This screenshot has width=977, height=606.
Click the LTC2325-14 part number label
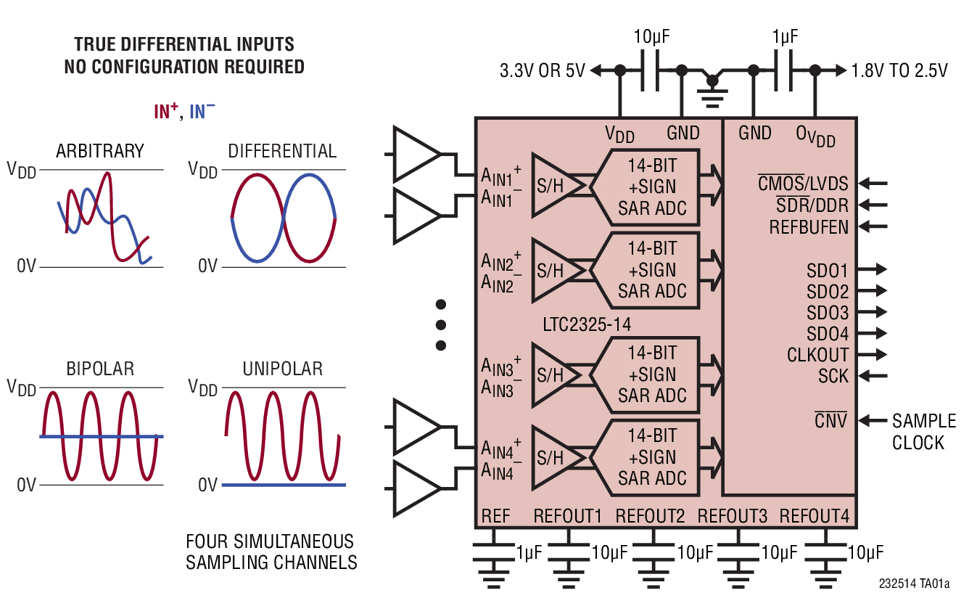[586, 324]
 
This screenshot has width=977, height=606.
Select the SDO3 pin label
[827, 313]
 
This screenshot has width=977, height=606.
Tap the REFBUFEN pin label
[808, 227]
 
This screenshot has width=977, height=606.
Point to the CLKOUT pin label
[817, 355]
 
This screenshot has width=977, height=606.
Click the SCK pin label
[833, 376]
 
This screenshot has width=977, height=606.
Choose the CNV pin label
[830, 420]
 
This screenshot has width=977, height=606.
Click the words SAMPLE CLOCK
[923, 432]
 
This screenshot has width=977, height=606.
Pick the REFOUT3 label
[732, 516]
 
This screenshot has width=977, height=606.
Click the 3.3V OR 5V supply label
[543, 71]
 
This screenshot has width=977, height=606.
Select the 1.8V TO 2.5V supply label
[899, 71]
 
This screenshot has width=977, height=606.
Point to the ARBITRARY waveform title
[100, 151]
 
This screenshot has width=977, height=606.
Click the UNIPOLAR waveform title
[282, 369]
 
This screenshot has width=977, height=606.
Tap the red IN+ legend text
[165, 112]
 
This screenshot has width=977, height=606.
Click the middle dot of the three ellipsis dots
[440, 324]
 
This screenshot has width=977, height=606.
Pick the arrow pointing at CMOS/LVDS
[875, 184]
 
